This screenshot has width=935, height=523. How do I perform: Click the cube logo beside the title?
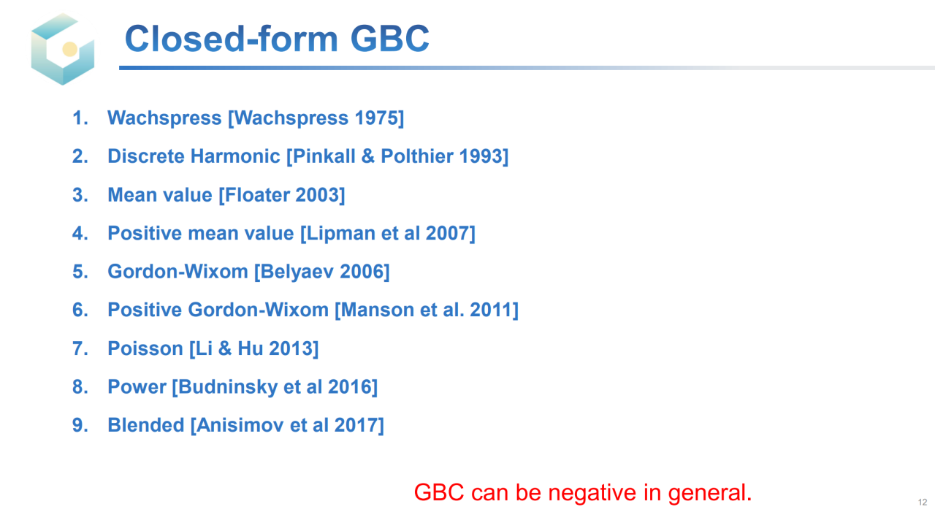click(63, 49)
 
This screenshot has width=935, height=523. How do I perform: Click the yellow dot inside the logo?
click(69, 49)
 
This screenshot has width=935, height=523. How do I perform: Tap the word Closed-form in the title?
click(232, 39)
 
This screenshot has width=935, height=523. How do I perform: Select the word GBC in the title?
click(389, 39)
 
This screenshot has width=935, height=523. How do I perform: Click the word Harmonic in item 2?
click(235, 156)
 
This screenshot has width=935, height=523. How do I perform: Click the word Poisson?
click(145, 348)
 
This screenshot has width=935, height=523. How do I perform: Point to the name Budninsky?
click(228, 387)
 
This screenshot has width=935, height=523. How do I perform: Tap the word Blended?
click(146, 425)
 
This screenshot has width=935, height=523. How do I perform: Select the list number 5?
click(80, 272)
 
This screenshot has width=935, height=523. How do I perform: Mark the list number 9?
click(80, 425)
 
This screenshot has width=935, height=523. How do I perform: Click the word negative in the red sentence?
click(592, 493)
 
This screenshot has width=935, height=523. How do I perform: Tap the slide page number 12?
click(923, 502)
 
